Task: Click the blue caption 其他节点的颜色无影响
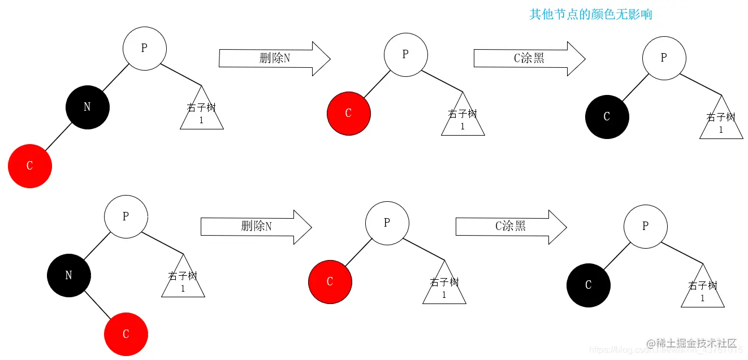[590, 14]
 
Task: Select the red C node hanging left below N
[30, 166]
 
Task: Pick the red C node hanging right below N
[126, 334]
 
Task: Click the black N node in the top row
[87, 107]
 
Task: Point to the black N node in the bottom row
[68, 275]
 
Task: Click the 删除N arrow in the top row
[274, 58]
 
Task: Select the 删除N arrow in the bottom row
[256, 227]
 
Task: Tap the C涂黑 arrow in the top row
[529, 58]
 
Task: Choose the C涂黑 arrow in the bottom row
[511, 227]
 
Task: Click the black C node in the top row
[607, 116]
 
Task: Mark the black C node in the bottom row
[588, 285]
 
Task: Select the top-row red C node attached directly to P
[348, 113]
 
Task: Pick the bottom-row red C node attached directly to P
[330, 281]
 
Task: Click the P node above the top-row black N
[144, 49]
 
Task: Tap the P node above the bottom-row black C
[645, 226]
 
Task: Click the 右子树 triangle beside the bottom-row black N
[183, 279]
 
